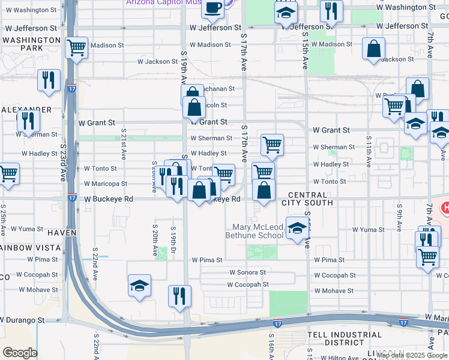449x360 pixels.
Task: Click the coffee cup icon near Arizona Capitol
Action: tap(212, 7)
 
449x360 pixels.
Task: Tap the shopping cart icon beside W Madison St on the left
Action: tap(77, 47)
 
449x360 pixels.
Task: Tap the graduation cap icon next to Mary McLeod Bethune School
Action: tap(296, 228)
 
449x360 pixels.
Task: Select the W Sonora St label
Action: tap(246, 272)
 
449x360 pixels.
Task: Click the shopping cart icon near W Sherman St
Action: tap(273, 144)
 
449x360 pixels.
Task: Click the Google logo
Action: tap(20, 353)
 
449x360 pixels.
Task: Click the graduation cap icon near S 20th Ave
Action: tap(139, 286)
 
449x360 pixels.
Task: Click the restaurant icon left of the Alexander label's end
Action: tap(28, 122)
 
